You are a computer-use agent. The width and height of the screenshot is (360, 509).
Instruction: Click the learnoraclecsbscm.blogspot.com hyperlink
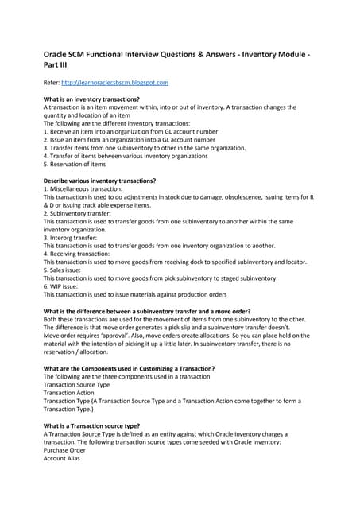click(x=117, y=82)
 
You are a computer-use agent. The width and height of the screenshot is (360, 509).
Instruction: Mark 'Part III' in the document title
click(x=56, y=64)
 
